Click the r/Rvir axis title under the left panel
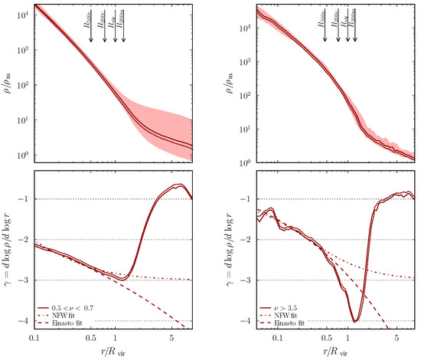(x=113, y=351)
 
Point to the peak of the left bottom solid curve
(x=178, y=185)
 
